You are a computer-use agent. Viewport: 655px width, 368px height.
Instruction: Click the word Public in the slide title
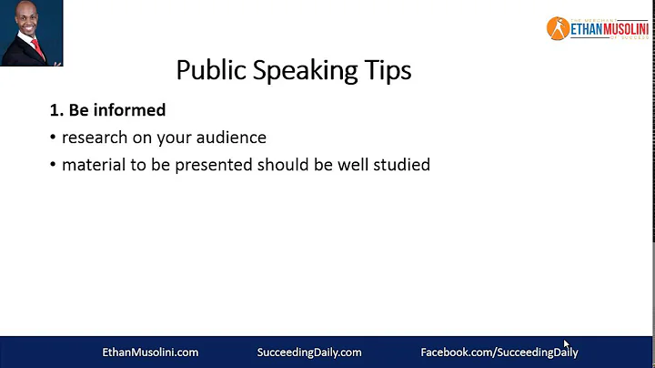tap(205, 70)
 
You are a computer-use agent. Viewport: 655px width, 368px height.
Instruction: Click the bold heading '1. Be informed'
tap(107, 110)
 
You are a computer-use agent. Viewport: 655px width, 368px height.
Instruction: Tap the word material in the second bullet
tap(95, 166)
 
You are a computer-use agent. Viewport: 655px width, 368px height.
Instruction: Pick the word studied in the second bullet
tap(399, 166)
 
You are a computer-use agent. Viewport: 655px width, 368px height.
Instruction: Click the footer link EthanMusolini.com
tap(149, 352)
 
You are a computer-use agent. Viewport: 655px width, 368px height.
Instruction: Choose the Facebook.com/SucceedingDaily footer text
tap(499, 352)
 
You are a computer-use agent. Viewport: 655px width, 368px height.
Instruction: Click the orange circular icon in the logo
tap(557, 28)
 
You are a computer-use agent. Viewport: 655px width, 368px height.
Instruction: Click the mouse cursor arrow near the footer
tap(566, 343)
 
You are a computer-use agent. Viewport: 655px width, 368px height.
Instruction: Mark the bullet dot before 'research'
tap(53, 138)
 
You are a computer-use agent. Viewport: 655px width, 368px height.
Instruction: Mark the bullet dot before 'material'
tap(53, 167)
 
